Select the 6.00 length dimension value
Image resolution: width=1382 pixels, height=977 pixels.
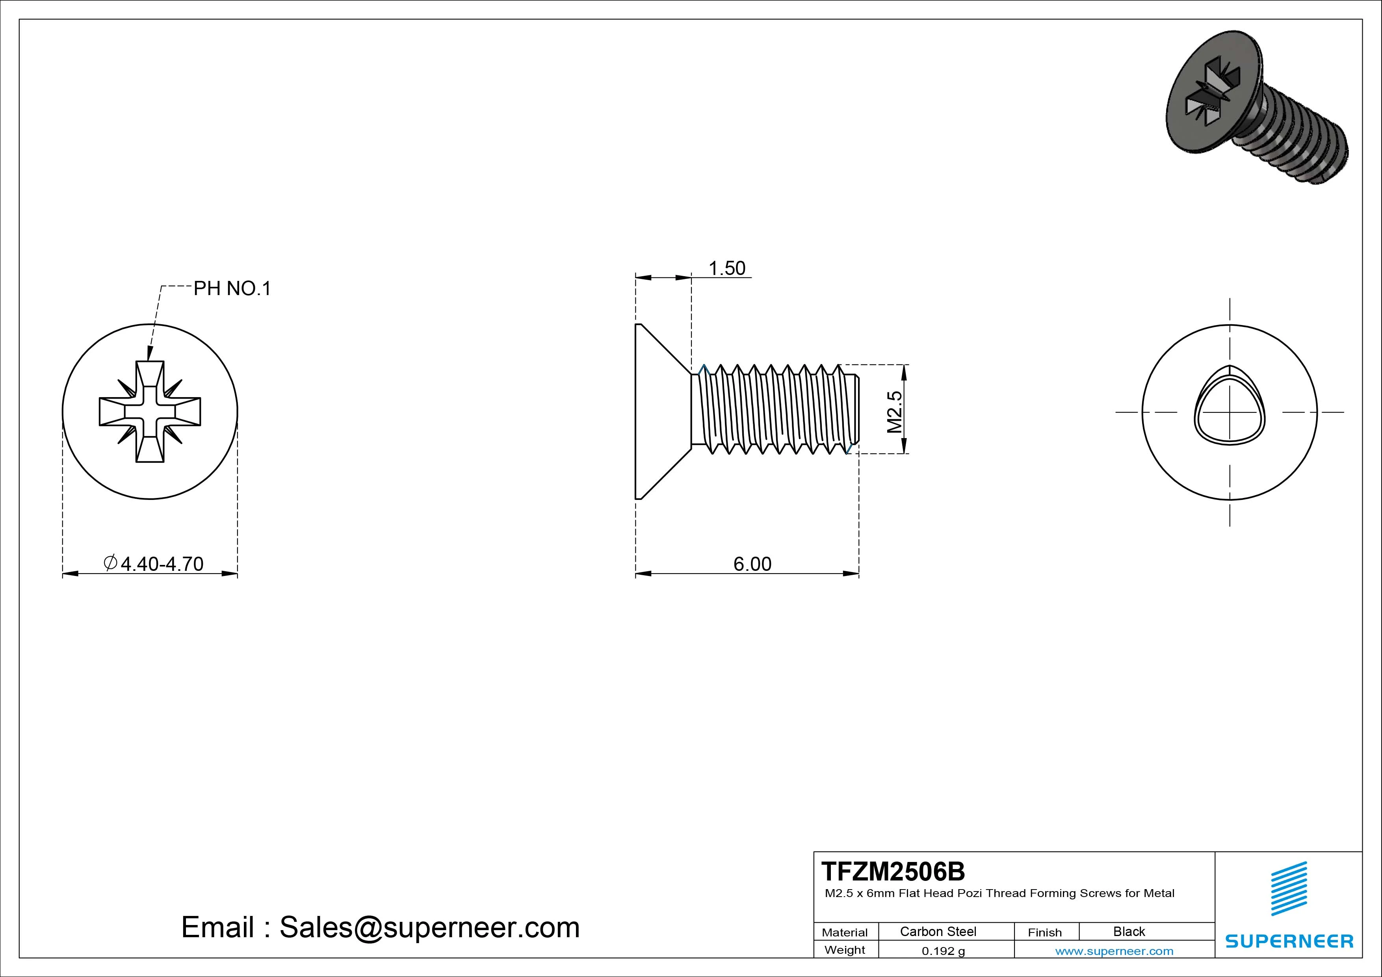pyautogui.click(x=752, y=564)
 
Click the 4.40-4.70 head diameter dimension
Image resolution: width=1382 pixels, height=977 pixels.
pyautogui.click(x=161, y=564)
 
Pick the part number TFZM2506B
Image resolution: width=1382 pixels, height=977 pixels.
pyautogui.click(x=893, y=871)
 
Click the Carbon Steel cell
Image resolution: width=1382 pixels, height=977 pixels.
pyautogui.click(x=938, y=931)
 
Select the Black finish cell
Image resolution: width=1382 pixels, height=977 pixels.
pyautogui.click(x=1129, y=931)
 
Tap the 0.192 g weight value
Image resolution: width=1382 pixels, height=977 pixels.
pyautogui.click(x=943, y=951)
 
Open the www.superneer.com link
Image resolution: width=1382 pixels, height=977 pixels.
pyautogui.click(x=1114, y=951)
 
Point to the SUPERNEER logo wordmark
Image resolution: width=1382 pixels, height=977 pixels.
pyautogui.click(x=1289, y=941)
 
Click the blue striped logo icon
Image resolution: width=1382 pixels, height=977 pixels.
pyautogui.click(x=1289, y=888)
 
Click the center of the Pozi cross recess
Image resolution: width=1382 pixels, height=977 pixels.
pyautogui.click(x=150, y=412)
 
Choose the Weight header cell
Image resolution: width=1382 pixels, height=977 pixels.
pyautogui.click(x=845, y=950)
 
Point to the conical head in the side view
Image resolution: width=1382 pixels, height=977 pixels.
pyautogui.click(x=659, y=412)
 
